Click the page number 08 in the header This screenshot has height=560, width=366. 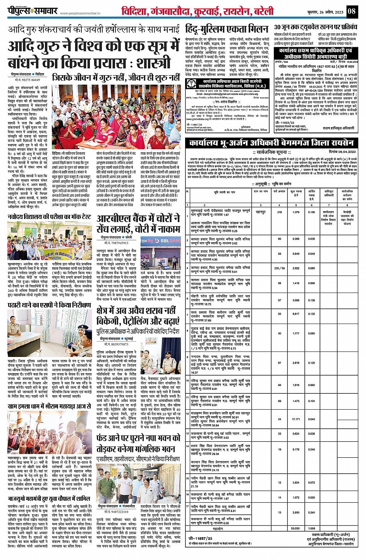point(351,11)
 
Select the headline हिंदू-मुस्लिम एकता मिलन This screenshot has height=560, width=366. point(227,29)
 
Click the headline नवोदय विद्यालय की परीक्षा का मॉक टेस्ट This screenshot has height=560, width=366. point(49,217)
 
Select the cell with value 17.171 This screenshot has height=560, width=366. point(296,419)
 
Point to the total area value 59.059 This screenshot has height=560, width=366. point(296,528)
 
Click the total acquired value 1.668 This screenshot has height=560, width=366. point(311,528)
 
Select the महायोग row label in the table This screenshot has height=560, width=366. point(218,528)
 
